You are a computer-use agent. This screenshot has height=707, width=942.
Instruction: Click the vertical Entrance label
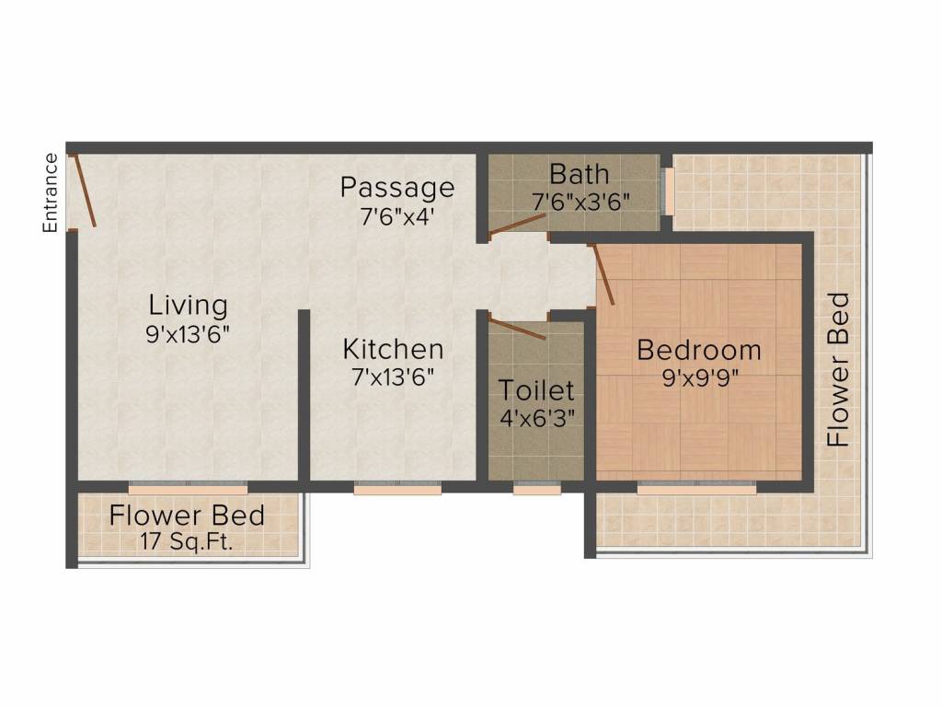tap(52, 192)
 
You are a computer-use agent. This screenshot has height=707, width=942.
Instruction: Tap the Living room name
tap(189, 305)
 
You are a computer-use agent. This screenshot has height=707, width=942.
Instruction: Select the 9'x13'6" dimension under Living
tap(188, 333)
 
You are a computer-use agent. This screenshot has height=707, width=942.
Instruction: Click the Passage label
tap(397, 187)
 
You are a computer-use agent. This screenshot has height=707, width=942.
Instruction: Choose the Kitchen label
tap(393, 349)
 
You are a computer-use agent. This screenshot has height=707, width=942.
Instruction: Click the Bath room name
tap(579, 173)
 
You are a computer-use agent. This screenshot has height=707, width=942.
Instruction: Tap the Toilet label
tap(536, 389)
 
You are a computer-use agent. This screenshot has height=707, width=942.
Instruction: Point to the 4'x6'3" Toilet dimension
tap(537, 417)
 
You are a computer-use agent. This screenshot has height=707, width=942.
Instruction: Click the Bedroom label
tap(699, 350)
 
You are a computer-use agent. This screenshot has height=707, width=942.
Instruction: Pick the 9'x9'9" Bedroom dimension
tap(699, 378)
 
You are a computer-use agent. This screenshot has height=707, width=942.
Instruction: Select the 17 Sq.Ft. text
tap(187, 541)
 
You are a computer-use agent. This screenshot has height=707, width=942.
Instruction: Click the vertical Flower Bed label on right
tap(838, 369)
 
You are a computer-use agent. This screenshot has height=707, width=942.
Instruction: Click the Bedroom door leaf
tap(603, 273)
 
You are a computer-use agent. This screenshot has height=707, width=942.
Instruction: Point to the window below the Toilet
tap(536, 490)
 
